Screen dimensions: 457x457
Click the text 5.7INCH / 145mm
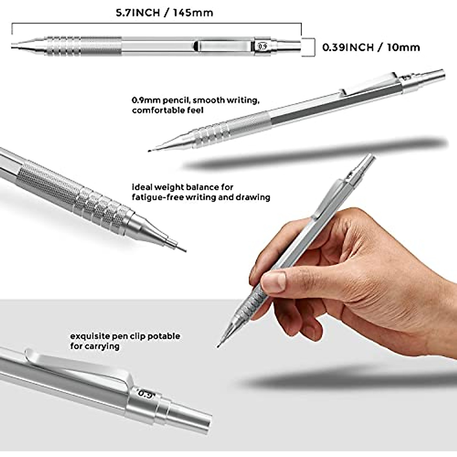click(164, 13)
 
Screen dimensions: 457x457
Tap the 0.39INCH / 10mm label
click(371, 47)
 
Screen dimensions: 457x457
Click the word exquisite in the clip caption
click(89, 336)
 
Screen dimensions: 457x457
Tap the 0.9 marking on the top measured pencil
click(262, 46)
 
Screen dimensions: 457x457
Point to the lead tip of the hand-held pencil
click(219, 346)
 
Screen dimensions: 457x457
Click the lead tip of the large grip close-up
click(184, 250)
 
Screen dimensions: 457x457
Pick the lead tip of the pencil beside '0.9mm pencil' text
click(150, 151)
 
